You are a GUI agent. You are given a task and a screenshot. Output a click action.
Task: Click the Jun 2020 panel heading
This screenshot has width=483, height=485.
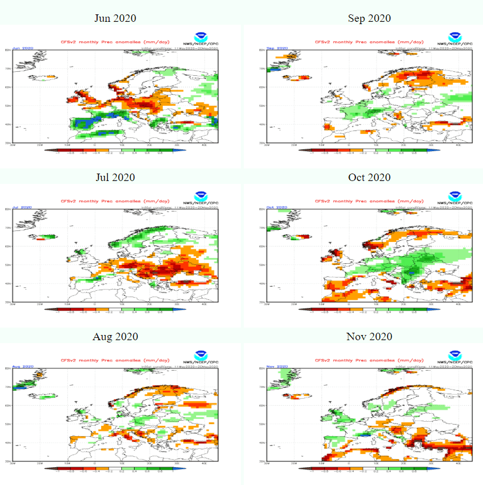coord(115,18)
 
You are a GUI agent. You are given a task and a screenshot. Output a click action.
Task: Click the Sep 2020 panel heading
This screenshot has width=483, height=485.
coord(369,18)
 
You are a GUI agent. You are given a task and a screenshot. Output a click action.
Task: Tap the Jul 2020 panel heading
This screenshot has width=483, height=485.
coord(115,177)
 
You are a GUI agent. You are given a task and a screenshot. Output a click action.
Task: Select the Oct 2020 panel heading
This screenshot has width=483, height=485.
coord(369,177)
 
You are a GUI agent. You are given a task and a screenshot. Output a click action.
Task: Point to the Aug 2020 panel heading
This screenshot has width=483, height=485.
coord(115,336)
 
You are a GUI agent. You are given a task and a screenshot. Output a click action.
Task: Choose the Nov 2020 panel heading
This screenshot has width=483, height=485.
coord(369,336)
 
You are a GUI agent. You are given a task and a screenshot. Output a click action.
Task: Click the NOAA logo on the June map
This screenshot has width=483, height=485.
coord(200,37)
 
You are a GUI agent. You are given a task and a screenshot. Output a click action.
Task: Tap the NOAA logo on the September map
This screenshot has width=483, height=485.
coord(454,37)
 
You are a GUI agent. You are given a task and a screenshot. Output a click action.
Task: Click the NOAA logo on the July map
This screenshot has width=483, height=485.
coord(200,196)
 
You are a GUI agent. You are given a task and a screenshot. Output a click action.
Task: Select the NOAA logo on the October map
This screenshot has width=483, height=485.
coord(454,196)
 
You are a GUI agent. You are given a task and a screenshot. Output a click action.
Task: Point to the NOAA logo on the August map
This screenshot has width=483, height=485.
coord(200,355)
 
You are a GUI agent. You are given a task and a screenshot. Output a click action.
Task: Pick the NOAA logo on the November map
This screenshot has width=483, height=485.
coord(454,355)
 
